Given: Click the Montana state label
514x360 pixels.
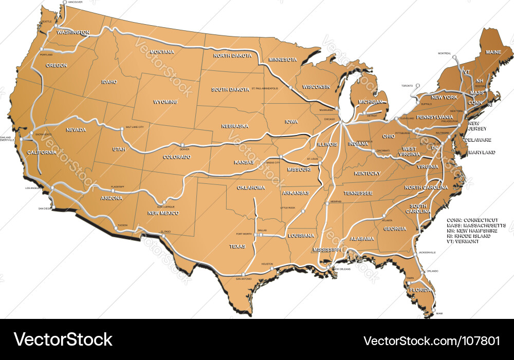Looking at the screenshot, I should click(x=162, y=52).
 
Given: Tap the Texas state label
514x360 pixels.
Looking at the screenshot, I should click(x=237, y=247).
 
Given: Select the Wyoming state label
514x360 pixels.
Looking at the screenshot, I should click(x=165, y=102).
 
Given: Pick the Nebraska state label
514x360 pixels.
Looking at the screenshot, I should click(x=235, y=126).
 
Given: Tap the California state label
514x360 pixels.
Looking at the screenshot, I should click(x=42, y=153).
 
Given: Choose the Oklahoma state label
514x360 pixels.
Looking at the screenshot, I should click(x=251, y=187).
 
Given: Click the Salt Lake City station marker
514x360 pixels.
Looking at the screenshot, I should click(x=122, y=129).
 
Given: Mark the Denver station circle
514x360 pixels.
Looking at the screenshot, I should click(x=181, y=145).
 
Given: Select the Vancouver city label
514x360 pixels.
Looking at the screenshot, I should click(x=75, y=3).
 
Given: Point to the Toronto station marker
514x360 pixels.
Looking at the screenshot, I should click(x=418, y=86).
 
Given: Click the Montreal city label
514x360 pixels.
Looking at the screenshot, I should click(x=444, y=53).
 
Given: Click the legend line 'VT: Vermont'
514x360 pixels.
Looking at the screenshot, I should click(x=463, y=241).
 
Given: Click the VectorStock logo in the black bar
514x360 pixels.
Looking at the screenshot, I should click(x=63, y=339).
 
